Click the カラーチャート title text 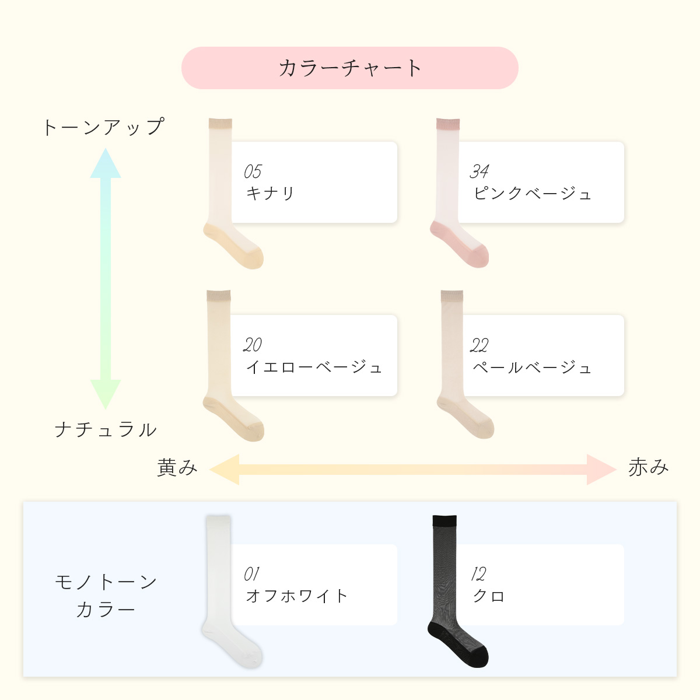[x=350, y=68]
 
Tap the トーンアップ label [x=104, y=127]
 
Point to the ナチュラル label [x=106, y=430]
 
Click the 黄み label [x=177, y=468]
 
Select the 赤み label [x=648, y=468]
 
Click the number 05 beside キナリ [x=253, y=171]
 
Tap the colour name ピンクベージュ [x=533, y=193]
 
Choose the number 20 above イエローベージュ [x=253, y=345]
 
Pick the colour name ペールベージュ [x=533, y=367]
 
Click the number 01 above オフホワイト [x=251, y=574]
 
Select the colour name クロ [x=489, y=596]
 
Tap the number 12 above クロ [x=478, y=575]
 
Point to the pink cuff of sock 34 [x=449, y=124]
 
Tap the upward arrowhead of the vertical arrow [x=106, y=163]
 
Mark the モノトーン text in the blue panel [x=106, y=582]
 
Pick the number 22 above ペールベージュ [x=479, y=345]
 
